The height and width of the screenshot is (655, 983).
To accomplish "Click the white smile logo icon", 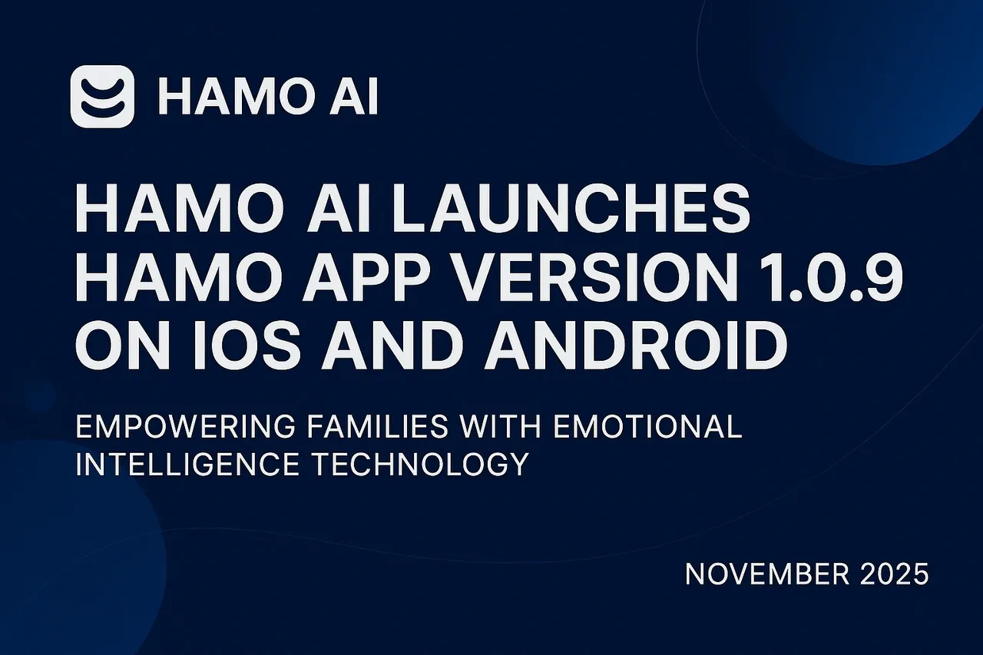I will [102, 96].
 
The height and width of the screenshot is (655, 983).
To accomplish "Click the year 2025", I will [895, 574].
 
